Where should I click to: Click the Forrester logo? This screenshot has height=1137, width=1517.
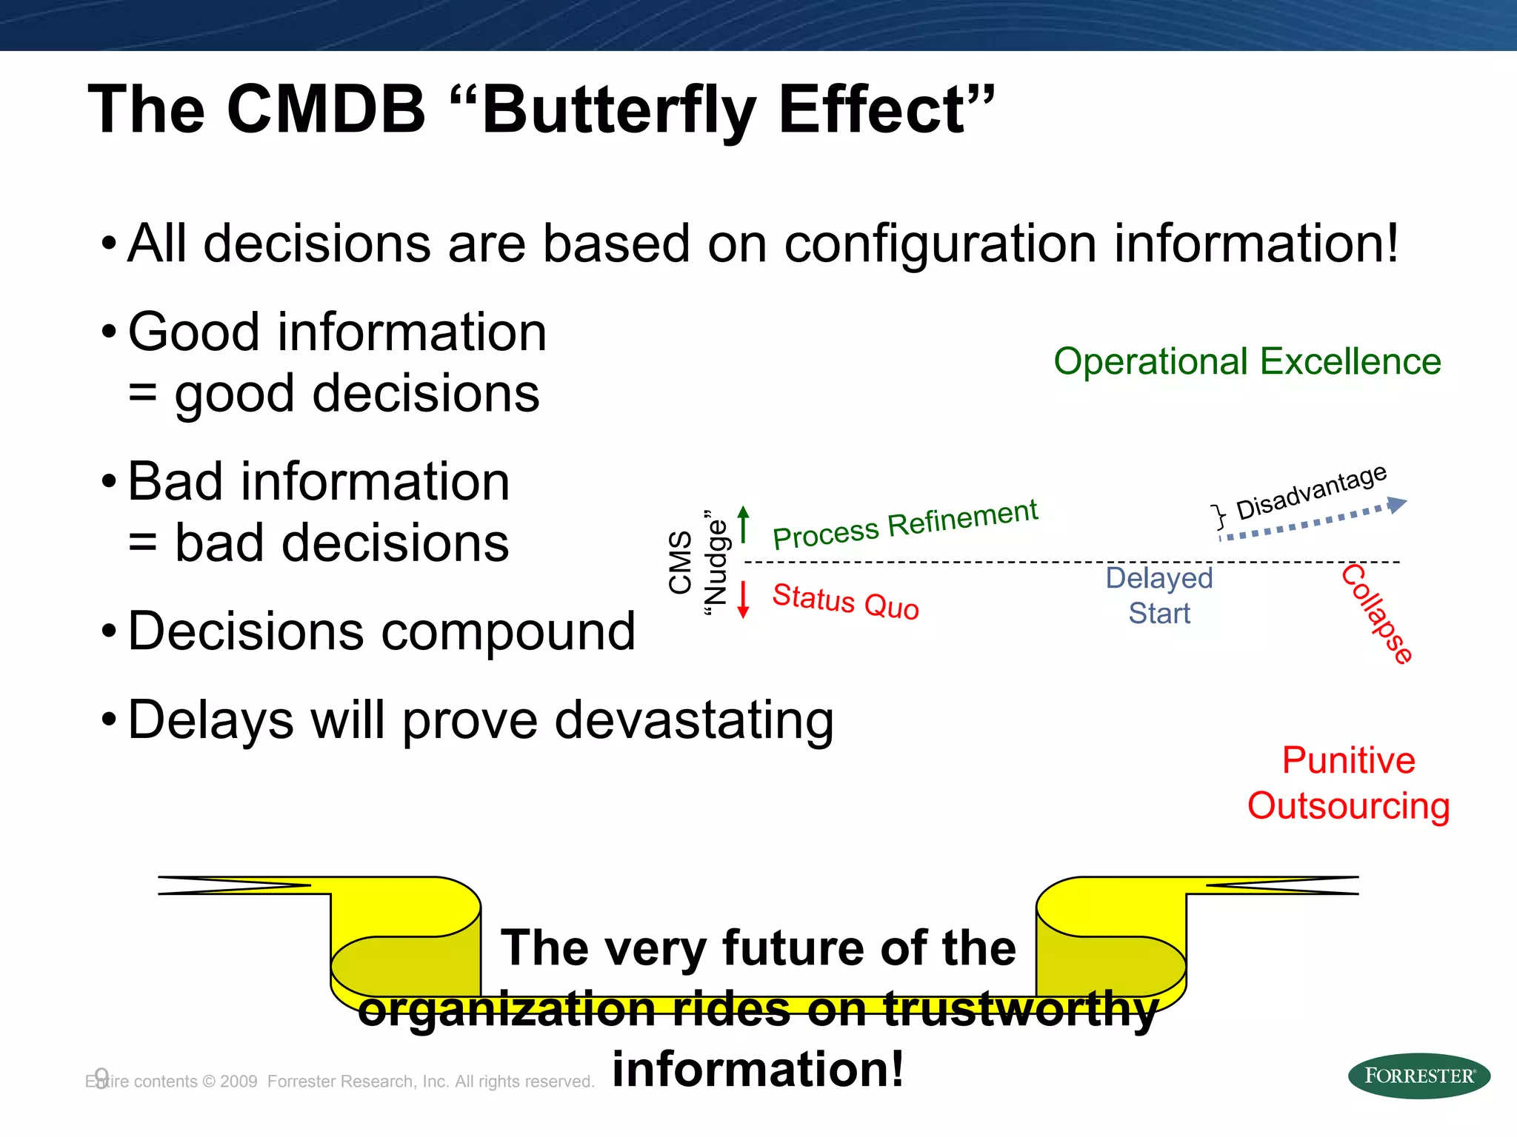coord(1418,1076)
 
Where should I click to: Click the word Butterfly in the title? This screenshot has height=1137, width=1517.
coord(619,110)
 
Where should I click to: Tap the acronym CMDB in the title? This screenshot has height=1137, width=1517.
coord(326,110)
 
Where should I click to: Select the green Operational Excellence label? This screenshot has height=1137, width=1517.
coord(1247,362)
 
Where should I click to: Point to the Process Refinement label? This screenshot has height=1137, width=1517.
coord(904,524)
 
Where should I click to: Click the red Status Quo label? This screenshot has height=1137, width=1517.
coord(845,601)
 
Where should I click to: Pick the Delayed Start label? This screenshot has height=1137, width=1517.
coord(1159,596)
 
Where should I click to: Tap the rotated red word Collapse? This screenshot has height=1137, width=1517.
coord(1377,614)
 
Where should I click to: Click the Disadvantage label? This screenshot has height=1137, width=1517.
coord(1311,492)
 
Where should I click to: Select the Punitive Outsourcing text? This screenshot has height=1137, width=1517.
coord(1348,783)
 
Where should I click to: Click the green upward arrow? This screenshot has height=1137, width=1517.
coord(744,523)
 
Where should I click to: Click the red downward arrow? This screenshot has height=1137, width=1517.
coord(744,600)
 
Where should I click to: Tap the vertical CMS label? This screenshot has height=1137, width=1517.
coord(680,562)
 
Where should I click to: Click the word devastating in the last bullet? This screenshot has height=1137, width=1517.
coord(694,720)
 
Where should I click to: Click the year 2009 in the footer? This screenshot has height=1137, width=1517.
coord(239,1081)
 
